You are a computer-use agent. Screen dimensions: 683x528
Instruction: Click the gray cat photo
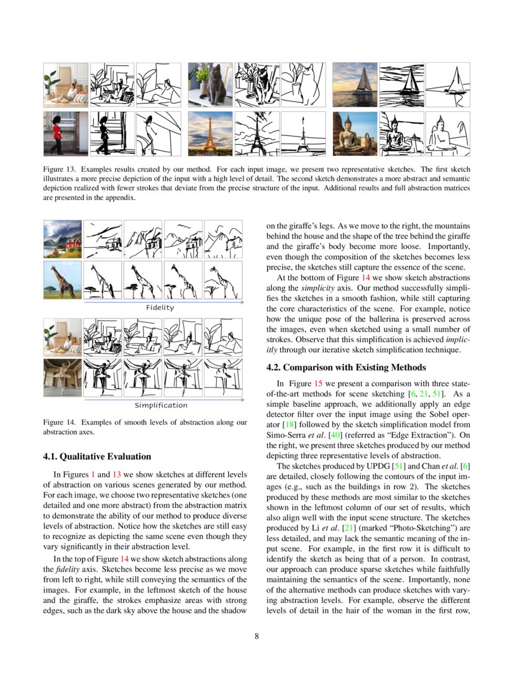211,85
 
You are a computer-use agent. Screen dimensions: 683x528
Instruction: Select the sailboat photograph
355,85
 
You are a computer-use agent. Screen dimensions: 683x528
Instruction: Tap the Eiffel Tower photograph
211,133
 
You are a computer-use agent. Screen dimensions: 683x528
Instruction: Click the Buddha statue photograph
355,133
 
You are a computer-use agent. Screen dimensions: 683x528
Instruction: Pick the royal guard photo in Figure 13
65,133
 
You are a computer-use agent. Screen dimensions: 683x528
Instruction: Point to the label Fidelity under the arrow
160,307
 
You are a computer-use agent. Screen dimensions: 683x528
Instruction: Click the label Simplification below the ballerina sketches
161,405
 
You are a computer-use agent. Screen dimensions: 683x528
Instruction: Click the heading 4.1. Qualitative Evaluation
97,456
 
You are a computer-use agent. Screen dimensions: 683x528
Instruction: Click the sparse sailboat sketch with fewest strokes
447,85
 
